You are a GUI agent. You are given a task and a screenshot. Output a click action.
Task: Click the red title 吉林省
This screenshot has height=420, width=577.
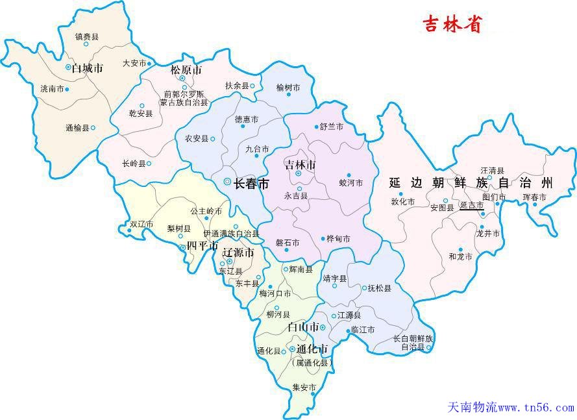(452, 24)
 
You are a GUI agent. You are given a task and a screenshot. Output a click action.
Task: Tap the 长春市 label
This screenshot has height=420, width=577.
(251, 184)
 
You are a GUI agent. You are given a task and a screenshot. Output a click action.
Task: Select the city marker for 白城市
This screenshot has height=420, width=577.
(68, 67)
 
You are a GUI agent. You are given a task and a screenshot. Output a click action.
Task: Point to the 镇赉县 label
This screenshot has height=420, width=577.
(86, 37)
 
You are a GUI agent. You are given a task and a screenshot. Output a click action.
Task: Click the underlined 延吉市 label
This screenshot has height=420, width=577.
(471, 205)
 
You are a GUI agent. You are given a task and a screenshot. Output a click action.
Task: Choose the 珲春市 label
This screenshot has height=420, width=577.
(534, 197)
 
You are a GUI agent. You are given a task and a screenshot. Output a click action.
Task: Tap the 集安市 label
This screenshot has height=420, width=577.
(304, 388)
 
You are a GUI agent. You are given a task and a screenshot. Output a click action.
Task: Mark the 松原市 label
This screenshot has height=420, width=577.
(186, 70)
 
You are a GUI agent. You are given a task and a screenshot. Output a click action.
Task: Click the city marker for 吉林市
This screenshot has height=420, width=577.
(299, 173)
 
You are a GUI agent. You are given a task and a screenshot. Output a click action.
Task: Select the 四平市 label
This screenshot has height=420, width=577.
(202, 245)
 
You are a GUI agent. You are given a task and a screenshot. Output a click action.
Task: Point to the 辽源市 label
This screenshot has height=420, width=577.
(238, 253)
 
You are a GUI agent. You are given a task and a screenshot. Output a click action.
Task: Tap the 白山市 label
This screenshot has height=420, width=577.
(302, 327)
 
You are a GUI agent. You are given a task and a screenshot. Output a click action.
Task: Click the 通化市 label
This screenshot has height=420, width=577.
(312, 349)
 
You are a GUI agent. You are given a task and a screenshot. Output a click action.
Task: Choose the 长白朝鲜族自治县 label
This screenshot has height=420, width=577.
(413, 343)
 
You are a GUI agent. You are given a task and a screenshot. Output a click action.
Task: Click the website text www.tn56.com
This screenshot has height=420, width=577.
(535, 408)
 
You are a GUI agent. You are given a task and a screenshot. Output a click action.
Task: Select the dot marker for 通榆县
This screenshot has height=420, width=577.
(93, 128)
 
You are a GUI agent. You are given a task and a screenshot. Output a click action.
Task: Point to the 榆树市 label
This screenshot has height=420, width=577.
(288, 87)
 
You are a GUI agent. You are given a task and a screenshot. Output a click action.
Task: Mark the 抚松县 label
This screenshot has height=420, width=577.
(380, 288)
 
